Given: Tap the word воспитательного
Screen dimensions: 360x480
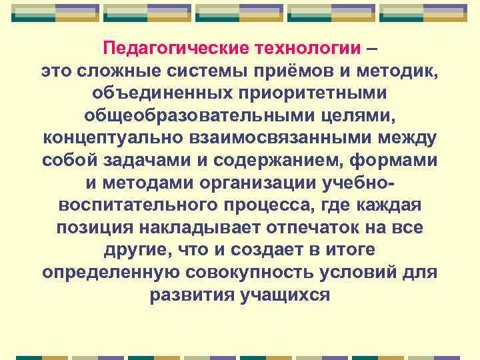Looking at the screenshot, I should coord(136,206).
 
